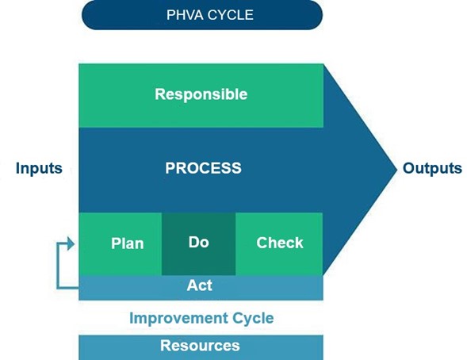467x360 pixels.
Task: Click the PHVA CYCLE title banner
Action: click(202, 15)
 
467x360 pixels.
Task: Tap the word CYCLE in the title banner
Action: click(231, 15)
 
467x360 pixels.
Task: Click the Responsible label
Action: click(201, 94)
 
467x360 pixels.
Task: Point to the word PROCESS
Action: click(204, 168)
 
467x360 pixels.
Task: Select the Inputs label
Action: click(39, 169)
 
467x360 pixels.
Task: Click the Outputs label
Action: click(432, 169)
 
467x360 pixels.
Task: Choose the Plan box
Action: click(121, 244)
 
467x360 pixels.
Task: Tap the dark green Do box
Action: click(199, 244)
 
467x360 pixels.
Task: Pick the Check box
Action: click(279, 244)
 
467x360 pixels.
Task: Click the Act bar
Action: click(201, 288)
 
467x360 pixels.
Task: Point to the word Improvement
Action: click(178, 318)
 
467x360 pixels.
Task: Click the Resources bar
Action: click(201, 347)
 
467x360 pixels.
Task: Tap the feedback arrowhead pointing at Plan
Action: click(71, 243)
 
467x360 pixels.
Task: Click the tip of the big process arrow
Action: click(397, 170)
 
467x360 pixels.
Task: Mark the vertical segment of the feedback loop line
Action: click(58, 266)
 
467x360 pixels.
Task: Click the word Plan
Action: click(128, 243)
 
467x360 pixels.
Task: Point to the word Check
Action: click(280, 243)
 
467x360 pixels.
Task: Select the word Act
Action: click(200, 285)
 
